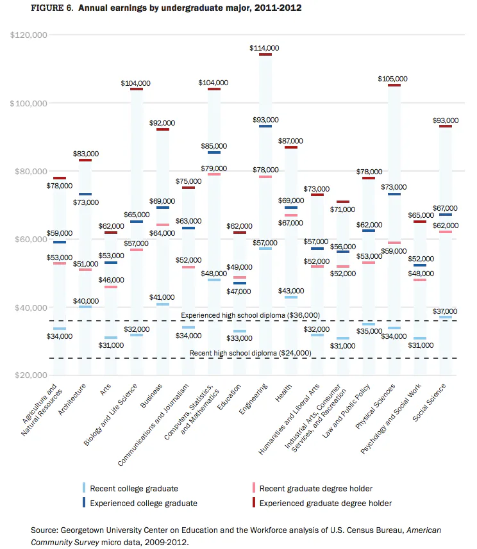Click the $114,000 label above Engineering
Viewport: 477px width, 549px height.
click(264, 48)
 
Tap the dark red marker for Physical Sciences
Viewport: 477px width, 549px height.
click(394, 85)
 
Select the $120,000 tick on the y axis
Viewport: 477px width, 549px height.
click(28, 35)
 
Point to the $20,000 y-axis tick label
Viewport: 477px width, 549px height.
click(31, 375)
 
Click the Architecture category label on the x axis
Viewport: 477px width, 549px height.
click(72, 400)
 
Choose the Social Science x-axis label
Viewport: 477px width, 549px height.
click(429, 403)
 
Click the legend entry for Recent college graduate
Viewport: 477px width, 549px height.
click(130, 488)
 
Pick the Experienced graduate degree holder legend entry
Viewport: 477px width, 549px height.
click(322, 503)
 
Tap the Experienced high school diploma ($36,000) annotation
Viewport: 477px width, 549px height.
click(250, 315)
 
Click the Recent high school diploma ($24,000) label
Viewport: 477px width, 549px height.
click(250, 353)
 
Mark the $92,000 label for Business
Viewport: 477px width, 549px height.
click(162, 123)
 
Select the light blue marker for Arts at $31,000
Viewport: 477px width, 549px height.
click(111, 338)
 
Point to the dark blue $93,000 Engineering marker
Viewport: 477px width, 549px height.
click(265, 126)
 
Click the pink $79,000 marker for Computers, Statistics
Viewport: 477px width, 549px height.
click(214, 174)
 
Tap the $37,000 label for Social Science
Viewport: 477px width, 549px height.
click(445, 311)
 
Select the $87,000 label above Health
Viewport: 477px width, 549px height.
click(290, 141)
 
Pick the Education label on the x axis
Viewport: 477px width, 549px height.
click(230, 397)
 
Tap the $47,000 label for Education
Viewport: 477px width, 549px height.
click(238, 291)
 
